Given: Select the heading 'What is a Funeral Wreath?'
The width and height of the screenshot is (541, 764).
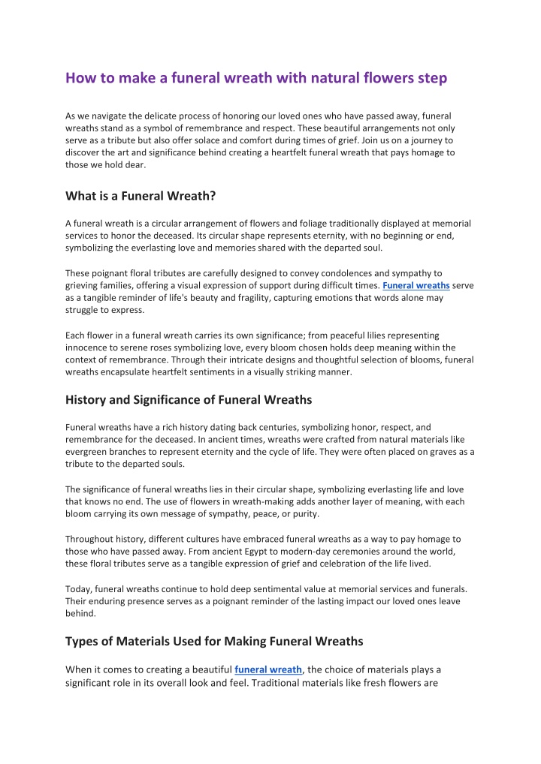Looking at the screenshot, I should [141, 197].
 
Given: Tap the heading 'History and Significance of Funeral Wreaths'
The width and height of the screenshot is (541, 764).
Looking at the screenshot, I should [189, 399].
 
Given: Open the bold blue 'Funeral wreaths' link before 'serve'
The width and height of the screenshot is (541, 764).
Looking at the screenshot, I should [416, 286].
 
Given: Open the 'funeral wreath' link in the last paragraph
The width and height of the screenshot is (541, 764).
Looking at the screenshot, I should [268, 669].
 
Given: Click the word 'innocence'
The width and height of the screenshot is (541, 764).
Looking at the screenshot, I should [88, 347].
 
